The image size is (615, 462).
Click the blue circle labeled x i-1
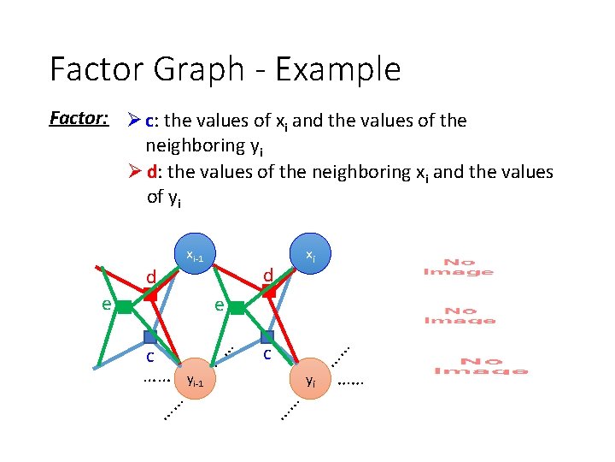[196, 255]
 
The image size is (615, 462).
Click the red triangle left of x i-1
[150, 294]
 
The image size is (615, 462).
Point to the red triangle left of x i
[268, 293]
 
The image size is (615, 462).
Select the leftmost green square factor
[124, 306]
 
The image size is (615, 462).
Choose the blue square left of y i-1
[150, 336]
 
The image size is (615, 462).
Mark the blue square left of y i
[267, 336]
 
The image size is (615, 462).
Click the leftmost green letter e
[104, 304]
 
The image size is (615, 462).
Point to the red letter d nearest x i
[267, 275]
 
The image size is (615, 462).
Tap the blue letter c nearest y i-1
[149, 356]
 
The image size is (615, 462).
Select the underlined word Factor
[78, 118]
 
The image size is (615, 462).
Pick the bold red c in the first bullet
[150, 121]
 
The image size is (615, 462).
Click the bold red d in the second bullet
[151, 172]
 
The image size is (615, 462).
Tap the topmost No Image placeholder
[459, 267]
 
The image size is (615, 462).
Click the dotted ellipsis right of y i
[351, 382]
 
